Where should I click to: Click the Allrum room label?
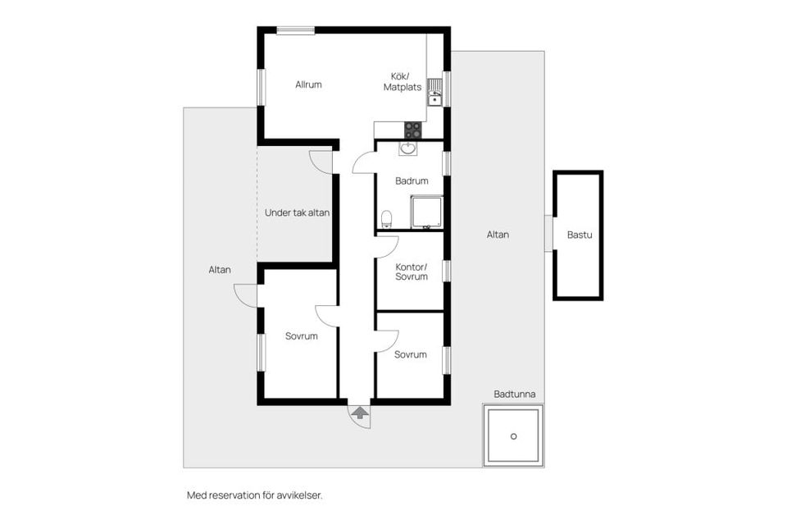pyautogui.click(x=308, y=84)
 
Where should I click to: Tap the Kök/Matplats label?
pyautogui.click(x=402, y=82)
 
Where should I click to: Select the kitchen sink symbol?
pyautogui.click(x=434, y=93)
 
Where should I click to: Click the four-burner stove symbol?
pyautogui.click(x=413, y=130)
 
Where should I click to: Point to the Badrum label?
pyautogui.click(x=412, y=180)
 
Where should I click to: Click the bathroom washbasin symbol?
pyautogui.click(x=407, y=148)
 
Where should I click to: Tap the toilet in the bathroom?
pyautogui.click(x=386, y=219)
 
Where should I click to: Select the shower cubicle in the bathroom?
pyautogui.click(x=426, y=212)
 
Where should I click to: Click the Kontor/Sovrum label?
pyautogui.click(x=412, y=272)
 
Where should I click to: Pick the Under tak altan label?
pyautogui.click(x=297, y=212)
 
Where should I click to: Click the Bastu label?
pyautogui.click(x=580, y=235)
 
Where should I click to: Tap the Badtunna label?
pyautogui.click(x=515, y=395)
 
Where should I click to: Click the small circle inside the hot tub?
pyautogui.click(x=513, y=436)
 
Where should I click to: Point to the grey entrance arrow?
pyautogui.click(x=359, y=413)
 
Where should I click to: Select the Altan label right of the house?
pyautogui.click(x=498, y=235)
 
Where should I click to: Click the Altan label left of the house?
pyautogui.click(x=220, y=270)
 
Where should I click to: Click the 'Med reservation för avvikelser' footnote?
pyautogui.click(x=254, y=495)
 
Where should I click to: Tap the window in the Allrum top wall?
pyautogui.click(x=296, y=30)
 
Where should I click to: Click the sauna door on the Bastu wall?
pyautogui.click(x=548, y=234)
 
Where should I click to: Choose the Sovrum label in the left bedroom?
pyautogui.click(x=301, y=336)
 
